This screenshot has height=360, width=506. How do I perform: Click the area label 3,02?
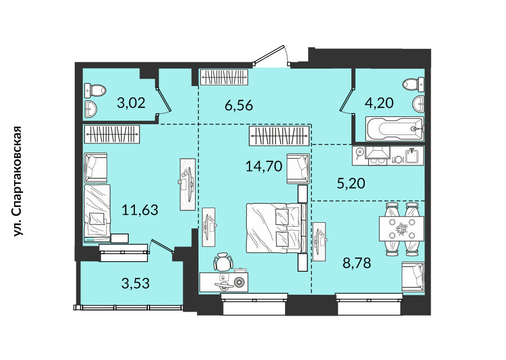[x=131, y=103]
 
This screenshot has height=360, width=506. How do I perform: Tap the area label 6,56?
[x=239, y=105]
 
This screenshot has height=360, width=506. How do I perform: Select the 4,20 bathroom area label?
[x=379, y=103]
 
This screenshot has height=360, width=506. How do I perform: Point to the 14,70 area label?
[x=264, y=166]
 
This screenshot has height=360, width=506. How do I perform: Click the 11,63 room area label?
[x=140, y=210]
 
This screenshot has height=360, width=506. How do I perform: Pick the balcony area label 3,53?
[x=135, y=283]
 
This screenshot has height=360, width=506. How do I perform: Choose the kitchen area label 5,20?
[x=351, y=183]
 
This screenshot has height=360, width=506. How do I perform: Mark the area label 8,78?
[x=356, y=263]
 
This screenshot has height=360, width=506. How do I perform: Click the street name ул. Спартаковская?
[x=17, y=182]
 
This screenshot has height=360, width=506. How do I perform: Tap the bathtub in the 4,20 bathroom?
[x=394, y=129]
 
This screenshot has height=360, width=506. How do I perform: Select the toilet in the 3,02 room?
[x=95, y=91]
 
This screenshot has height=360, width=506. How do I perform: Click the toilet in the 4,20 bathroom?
[x=413, y=84]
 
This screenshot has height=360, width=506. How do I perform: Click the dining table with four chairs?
[x=401, y=229]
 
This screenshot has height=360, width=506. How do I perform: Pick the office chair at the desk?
[x=223, y=262]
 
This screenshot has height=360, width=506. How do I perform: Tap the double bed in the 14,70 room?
[x=277, y=228]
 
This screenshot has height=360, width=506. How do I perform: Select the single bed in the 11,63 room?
[x=97, y=213]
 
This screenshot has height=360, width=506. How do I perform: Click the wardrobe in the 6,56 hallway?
[x=224, y=78]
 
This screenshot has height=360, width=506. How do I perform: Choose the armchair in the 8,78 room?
[x=413, y=277]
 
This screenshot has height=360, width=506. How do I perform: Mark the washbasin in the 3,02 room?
[x=91, y=109]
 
